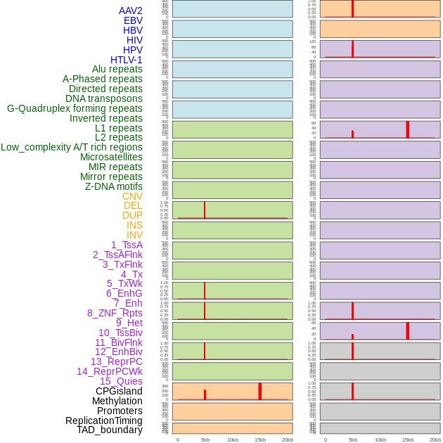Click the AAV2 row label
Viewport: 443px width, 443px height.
point(131,11)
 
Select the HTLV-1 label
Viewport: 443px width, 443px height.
point(127,60)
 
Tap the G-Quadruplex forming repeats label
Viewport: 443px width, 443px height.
point(75,108)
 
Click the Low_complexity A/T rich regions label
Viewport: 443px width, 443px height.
point(72,147)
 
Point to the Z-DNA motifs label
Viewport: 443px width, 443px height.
point(114,186)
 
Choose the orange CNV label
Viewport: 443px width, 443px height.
point(132,196)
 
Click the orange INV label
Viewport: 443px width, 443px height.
point(134,235)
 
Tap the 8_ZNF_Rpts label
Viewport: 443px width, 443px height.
point(115,313)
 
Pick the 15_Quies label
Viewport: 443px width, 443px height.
point(121,381)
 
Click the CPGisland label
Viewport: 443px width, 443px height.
point(119,391)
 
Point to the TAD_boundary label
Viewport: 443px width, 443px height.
point(110,430)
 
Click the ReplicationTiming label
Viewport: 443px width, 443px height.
point(104,420)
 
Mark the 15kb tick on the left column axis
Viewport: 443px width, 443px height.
point(259,439)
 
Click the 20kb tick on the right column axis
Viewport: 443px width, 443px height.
point(435,439)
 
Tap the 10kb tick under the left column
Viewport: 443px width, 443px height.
point(233,439)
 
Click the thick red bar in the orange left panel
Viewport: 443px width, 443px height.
point(259,392)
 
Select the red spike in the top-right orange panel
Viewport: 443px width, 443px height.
point(352,8)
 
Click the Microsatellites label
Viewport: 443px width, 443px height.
point(111,157)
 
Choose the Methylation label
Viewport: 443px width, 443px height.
point(117,401)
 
